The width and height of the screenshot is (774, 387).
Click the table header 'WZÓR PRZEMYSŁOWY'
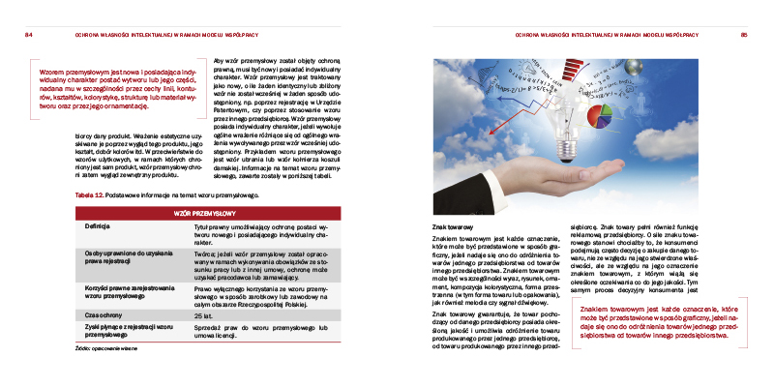click(204, 212)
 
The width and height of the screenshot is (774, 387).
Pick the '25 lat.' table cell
click(203, 315)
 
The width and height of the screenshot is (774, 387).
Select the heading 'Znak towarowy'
click(451, 225)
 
